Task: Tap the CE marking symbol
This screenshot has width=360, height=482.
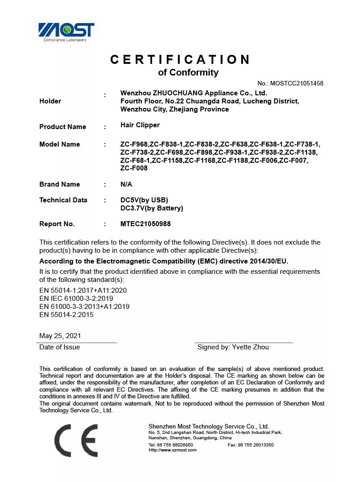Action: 76,440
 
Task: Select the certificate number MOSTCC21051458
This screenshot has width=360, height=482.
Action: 297,83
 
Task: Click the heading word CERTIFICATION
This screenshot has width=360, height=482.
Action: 180,59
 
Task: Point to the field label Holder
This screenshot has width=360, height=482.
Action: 50,101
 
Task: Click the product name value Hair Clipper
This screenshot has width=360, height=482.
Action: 140,125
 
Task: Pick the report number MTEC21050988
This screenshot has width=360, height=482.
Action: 145,224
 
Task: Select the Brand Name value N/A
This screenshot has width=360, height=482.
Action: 126,184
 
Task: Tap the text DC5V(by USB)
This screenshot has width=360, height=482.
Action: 144,200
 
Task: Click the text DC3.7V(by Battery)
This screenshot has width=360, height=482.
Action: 152,208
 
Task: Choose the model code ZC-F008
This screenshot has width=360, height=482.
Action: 134,169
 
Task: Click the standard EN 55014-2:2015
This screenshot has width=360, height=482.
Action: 66,315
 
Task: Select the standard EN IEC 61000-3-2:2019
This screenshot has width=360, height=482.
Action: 76,299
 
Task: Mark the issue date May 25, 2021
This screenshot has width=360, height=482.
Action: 60,336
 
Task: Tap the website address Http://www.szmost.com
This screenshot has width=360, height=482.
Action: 172,450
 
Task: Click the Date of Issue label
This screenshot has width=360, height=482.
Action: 59,347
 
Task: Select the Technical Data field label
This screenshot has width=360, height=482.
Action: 63,200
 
